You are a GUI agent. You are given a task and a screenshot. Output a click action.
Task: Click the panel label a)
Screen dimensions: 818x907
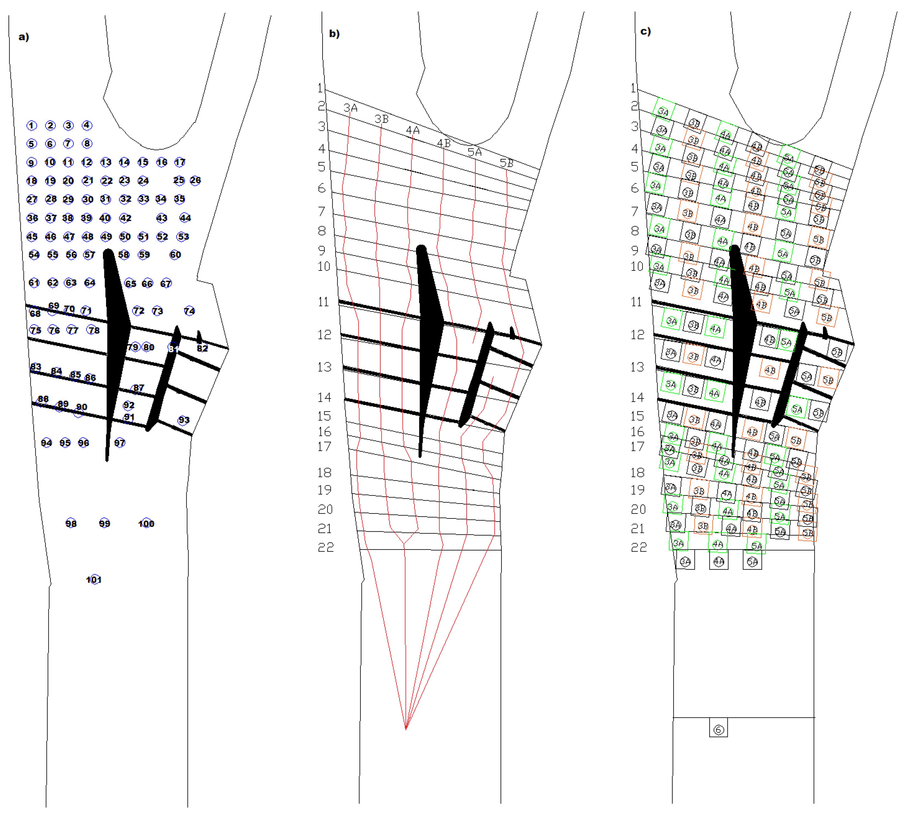point(23,37)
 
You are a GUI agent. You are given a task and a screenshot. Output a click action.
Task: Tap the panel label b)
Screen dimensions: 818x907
point(334,34)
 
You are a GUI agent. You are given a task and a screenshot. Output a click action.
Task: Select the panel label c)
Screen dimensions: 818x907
point(646,31)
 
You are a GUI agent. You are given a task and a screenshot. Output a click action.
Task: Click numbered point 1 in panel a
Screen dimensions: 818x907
point(31,125)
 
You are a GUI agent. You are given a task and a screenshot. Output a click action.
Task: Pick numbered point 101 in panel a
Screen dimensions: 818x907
point(94,579)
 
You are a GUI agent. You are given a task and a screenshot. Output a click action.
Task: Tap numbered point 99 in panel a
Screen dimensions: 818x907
point(104,523)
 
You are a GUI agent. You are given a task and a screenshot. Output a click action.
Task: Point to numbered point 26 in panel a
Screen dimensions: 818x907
point(195,180)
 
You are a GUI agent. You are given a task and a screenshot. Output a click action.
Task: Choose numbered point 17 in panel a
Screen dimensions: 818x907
point(180,162)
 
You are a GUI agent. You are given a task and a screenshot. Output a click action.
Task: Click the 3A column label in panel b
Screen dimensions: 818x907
point(350,108)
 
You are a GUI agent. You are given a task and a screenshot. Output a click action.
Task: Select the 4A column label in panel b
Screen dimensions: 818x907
point(412,130)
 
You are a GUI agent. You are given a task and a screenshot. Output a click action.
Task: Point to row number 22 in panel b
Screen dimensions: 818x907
point(326,547)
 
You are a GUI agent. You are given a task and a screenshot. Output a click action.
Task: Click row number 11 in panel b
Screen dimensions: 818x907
point(323,301)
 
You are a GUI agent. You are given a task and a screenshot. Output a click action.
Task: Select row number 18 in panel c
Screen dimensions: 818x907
point(638,472)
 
